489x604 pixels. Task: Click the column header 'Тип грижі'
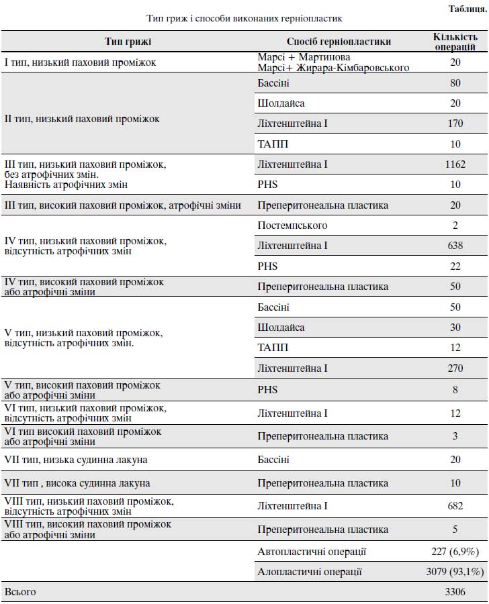pos(128,42)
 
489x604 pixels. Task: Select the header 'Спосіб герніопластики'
pos(339,42)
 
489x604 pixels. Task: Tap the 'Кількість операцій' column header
pos(455,42)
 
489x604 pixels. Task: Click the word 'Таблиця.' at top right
pos(468,9)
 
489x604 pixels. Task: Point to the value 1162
pos(455,164)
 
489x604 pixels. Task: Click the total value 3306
pos(455,592)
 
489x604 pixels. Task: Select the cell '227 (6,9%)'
pos(455,552)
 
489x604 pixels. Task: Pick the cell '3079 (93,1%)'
pos(455,572)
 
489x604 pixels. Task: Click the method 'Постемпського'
pos(292,225)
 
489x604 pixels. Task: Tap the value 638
pos(455,246)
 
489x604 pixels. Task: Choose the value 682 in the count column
pos(455,506)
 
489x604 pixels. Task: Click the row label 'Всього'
pos(20,592)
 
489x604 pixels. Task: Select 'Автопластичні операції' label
pos(312,552)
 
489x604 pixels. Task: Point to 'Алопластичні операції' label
pos(310,572)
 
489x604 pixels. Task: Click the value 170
pos(455,123)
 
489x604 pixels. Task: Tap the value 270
pos(455,368)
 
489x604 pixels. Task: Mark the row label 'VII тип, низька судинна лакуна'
pos(76,460)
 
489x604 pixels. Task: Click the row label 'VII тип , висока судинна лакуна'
pos(77,483)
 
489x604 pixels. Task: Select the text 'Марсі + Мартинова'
pos(304,58)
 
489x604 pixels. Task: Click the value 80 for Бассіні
pos(455,83)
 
